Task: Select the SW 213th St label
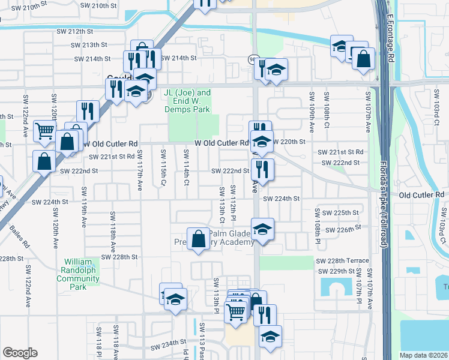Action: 89,45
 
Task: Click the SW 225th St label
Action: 340,213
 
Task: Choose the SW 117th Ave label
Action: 140,175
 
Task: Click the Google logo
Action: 19,353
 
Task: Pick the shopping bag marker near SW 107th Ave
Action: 363,59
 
